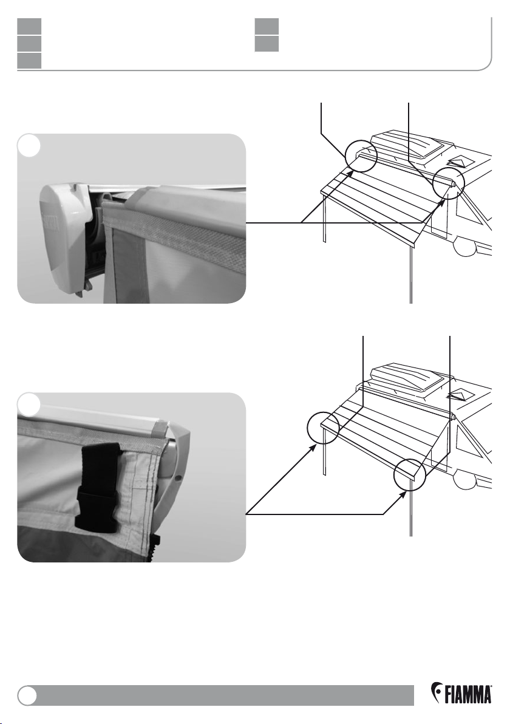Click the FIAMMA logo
(x=461, y=693)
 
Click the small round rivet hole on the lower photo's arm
(x=178, y=477)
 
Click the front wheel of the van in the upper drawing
(x=464, y=247)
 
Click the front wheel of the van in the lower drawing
(x=464, y=480)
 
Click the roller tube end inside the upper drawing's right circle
(x=453, y=183)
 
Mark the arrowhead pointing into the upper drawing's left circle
(x=350, y=173)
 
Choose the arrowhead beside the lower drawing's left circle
(x=314, y=448)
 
